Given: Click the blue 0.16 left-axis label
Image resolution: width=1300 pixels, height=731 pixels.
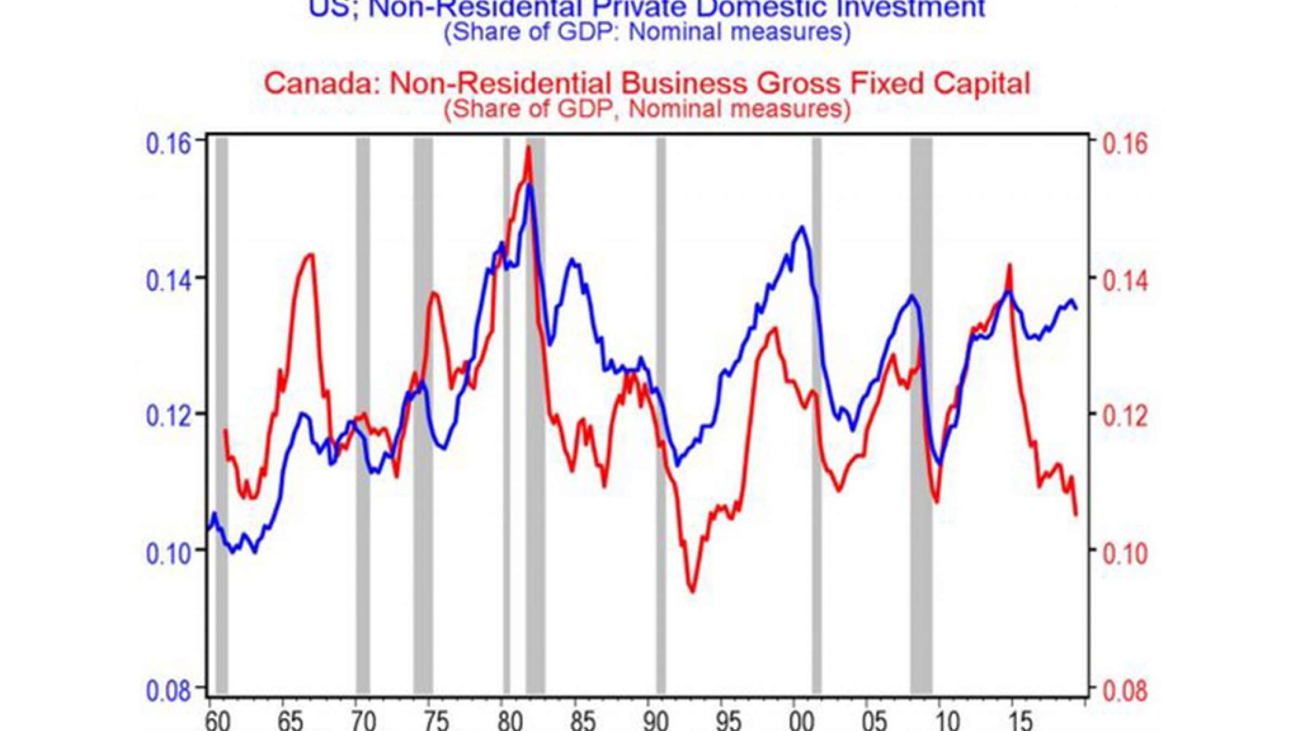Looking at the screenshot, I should [x=168, y=145].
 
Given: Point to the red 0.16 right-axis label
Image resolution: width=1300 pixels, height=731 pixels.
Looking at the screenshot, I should [x=1125, y=145].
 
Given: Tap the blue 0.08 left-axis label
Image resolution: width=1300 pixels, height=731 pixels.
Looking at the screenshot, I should [x=168, y=691].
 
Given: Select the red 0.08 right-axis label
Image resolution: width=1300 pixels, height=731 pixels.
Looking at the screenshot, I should [x=1125, y=691].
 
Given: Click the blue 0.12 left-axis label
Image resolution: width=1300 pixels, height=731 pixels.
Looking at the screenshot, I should [x=168, y=416].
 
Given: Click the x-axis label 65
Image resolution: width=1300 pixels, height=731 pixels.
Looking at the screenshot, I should [x=290, y=721].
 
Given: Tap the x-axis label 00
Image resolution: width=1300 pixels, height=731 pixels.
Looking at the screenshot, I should [x=801, y=721].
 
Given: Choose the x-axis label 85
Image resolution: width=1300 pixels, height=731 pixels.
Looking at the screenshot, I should [x=583, y=721].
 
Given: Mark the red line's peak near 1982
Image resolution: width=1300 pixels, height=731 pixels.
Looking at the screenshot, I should [x=528, y=147].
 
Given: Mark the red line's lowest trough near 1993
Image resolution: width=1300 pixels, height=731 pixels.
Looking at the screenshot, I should [x=693, y=592].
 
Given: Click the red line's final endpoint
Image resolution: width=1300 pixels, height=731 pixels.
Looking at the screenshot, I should [x=1076, y=514].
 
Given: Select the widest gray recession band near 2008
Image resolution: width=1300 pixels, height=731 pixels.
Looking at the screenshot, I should [x=921, y=412].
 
